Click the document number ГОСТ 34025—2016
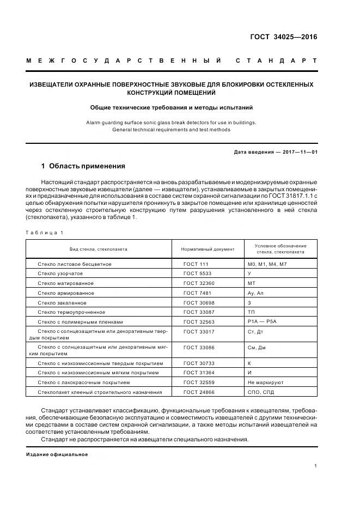point(283,38)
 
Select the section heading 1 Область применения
point(83,166)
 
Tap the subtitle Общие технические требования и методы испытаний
point(172,108)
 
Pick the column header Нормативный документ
point(208,249)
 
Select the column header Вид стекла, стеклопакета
point(99,249)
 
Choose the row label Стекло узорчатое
point(60,274)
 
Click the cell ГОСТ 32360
point(199,283)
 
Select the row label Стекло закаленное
point(62,302)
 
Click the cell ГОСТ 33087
point(199,312)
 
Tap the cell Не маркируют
point(265,382)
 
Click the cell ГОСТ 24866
point(199,392)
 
